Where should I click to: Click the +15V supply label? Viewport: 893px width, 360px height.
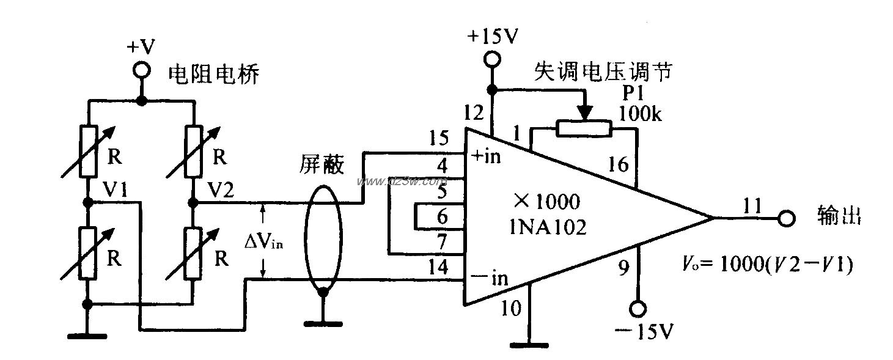[493, 36]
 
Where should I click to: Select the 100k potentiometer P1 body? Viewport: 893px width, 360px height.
[584, 128]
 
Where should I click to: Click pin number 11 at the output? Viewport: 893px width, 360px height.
[751, 206]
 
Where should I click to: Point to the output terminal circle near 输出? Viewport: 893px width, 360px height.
[786, 218]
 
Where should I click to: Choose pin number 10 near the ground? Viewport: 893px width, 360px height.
[511, 308]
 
